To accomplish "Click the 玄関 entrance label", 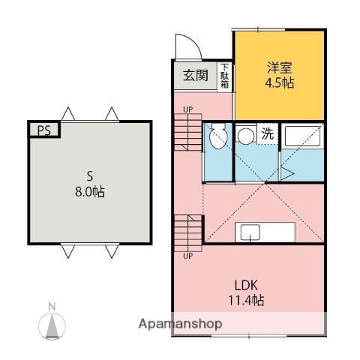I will (196, 76).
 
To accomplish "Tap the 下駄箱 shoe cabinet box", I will (225, 76).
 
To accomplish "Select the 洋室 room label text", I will (278, 67).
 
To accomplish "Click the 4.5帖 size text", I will (278, 82).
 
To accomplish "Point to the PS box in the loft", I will (44, 130).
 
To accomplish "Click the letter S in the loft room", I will (89, 177).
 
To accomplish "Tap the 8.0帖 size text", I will (89, 192).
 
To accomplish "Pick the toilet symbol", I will (217, 137).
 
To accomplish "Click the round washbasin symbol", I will (244, 135).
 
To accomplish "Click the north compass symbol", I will (52, 323).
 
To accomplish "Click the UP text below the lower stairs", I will (187, 256).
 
